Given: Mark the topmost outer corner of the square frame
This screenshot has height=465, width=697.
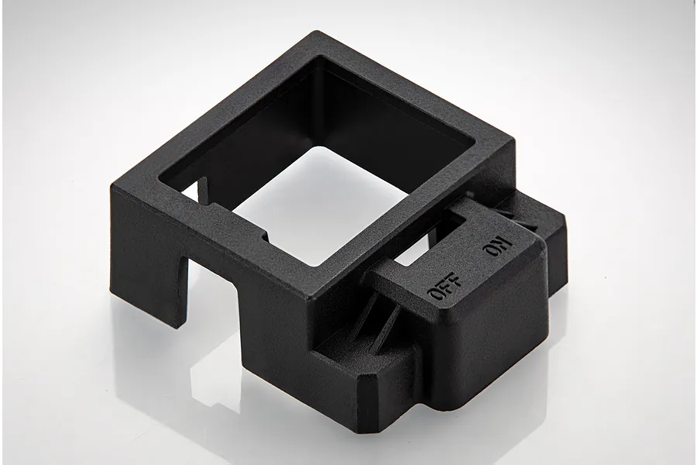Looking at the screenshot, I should (x=317, y=33).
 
